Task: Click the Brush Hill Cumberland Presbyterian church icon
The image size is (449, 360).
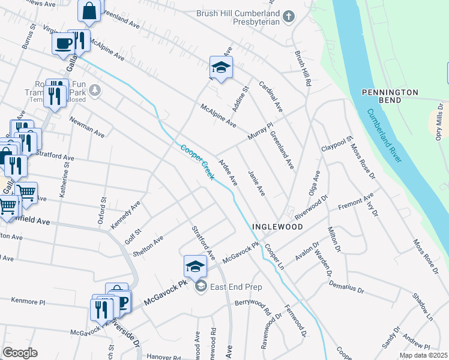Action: (x=289, y=17)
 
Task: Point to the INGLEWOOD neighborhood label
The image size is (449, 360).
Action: (x=276, y=227)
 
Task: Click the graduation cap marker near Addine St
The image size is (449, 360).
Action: (x=220, y=67)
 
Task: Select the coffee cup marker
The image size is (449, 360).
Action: (x=63, y=43)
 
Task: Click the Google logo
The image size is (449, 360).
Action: (x=20, y=353)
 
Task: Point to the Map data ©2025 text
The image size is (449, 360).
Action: (x=423, y=355)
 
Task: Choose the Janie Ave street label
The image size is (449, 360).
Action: (x=256, y=182)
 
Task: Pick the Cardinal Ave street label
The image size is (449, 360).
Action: (x=271, y=98)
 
